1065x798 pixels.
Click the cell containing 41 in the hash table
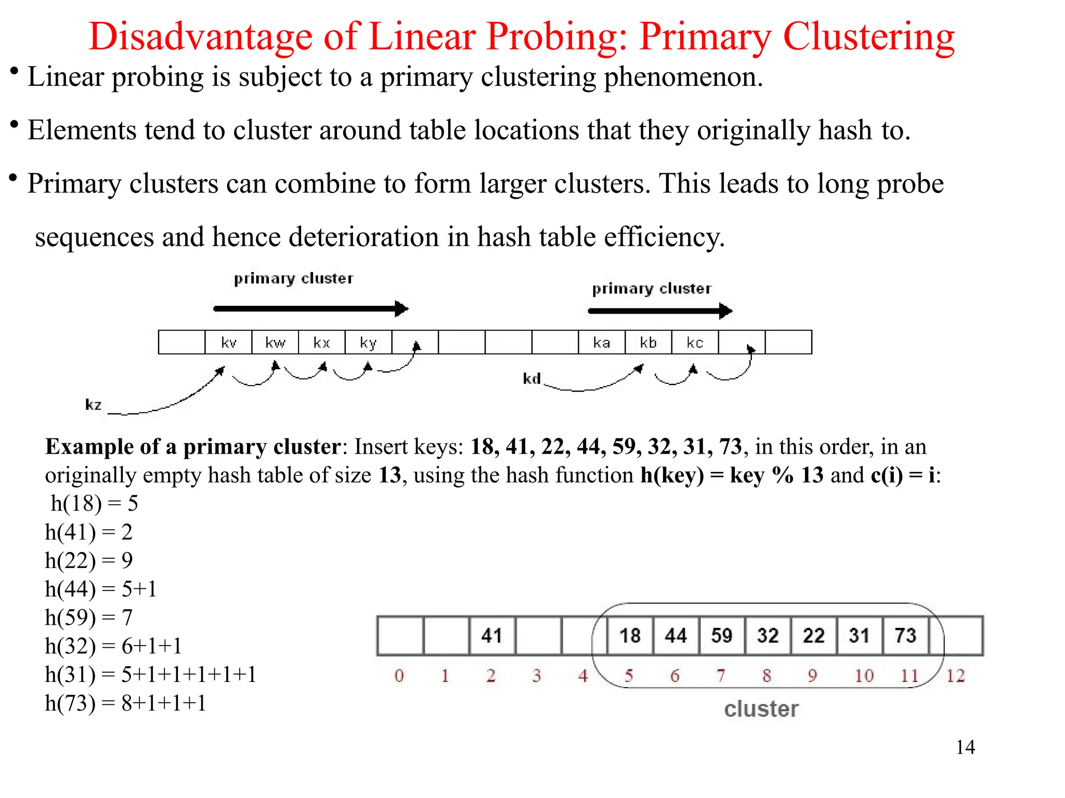(x=492, y=635)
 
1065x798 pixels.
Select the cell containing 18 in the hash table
(x=630, y=635)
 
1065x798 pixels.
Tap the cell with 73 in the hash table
(x=905, y=635)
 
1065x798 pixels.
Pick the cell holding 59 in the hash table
(x=722, y=635)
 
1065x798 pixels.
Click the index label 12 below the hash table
(x=955, y=676)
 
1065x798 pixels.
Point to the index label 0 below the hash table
(x=399, y=676)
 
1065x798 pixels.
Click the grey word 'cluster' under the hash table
(x=761, y=709)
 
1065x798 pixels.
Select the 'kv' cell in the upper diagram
(x=229, y=342)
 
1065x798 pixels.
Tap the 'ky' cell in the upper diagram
(x=368, y=342)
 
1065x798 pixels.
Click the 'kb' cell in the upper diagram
(x=648, y=342)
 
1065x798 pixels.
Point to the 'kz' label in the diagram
(x=94, y=404)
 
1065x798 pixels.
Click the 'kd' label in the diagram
(x=532, y=378)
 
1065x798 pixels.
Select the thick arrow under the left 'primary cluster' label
(x=310, y=309)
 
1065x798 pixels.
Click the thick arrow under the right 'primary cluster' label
(x=659, y=311)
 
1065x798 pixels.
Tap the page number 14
(x=965, y=747)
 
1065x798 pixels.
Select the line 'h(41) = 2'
(x=89, y=532)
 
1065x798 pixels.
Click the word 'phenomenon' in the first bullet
(x=682, y=77)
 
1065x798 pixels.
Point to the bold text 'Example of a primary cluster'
(x=193, y=446)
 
